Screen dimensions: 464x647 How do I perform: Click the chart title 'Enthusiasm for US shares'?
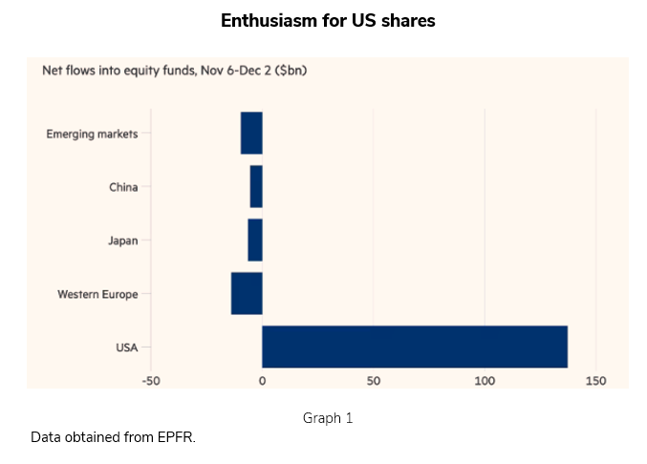tap(328, 20)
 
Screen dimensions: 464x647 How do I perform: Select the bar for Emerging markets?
tap(251, 134)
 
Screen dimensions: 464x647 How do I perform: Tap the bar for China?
tap(256, 187)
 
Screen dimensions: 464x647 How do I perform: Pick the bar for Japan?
tap(255, 240)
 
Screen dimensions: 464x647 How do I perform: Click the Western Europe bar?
tap(247, 293)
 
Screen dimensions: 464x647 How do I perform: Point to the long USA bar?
tap(415, 347)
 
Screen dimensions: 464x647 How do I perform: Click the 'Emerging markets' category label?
tap(92, 134)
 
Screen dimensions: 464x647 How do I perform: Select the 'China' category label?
tap(123, 187)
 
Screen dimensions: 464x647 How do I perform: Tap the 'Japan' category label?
tap(123, 241)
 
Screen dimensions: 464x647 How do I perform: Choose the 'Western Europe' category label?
tap(97, 294)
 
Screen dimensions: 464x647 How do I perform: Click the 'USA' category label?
tap(126, 348)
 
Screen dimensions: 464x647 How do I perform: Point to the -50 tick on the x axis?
tap(150, 381)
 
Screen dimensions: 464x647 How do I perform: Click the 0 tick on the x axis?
tap(262, 381)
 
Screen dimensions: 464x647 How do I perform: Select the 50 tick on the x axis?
tap(374, 381)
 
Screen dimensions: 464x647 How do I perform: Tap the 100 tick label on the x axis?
tap(485, 381)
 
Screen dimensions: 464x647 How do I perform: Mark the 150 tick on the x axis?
tap(596, 381)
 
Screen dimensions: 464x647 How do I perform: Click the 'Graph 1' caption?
tap(328, 418)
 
